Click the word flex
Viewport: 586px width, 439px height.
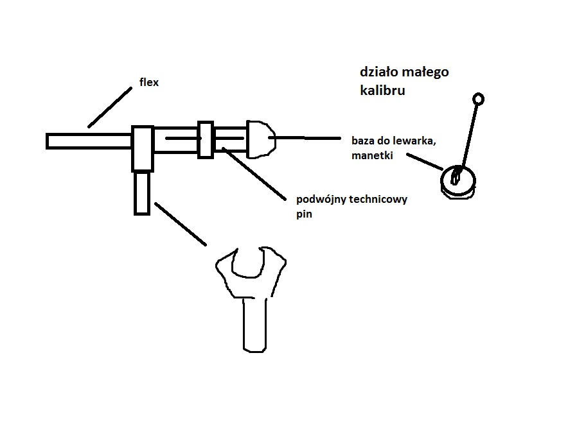point(148,82)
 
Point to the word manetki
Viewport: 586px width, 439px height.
point(371,155)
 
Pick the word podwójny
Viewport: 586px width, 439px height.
point(321,199)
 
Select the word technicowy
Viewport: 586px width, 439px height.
point(378,199)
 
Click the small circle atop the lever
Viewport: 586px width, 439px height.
point(478,99)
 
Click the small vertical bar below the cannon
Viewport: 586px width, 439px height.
point(142,193)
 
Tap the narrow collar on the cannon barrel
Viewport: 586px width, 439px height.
point(206,139)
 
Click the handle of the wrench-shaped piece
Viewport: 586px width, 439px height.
point(254,324)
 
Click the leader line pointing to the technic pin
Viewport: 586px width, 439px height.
point(254,173)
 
